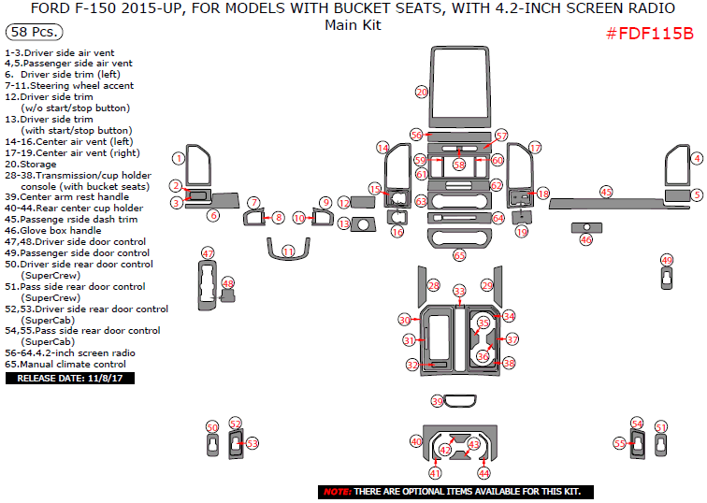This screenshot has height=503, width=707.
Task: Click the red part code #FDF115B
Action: click(649, 34)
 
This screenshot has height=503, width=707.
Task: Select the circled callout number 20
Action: click(422, 92)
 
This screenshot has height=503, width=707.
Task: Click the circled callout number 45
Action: click(606, 191)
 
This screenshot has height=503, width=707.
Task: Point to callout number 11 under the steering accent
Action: click(288, 251)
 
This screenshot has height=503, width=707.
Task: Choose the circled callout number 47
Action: click(208, 253)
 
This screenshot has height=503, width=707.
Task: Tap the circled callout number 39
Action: click(437, 401)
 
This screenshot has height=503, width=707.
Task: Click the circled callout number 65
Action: click(459, 255)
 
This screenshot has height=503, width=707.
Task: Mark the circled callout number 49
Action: click(666, 260)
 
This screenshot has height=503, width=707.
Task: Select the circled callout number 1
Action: click(177, 158)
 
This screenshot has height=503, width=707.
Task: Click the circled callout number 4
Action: click(697, 159)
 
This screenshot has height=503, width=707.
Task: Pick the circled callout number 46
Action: click(585, 239)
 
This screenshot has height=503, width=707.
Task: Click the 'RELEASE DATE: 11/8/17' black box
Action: click(71, 379)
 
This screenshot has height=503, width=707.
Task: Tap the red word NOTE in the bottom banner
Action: click(337, 492)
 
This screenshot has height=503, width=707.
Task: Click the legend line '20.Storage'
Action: click(30, 165)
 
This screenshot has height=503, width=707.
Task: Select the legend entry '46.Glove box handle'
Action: click(55, 230)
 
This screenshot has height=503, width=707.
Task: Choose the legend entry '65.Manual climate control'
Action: click(65, 365)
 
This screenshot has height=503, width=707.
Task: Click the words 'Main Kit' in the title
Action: click(353, 25)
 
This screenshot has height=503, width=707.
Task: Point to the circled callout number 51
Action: click(661, 427)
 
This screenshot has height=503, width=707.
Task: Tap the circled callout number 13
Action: click(343, 223)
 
